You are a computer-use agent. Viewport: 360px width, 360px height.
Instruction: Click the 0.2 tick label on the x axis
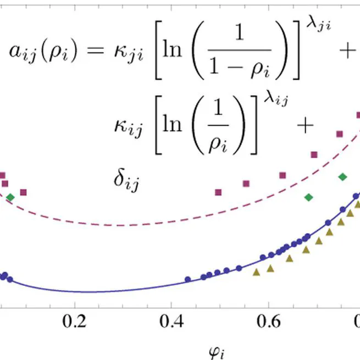point(75,322)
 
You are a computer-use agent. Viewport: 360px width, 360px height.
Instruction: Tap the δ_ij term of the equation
point(126,179)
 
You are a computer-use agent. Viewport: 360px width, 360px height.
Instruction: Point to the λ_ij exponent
point(274,100)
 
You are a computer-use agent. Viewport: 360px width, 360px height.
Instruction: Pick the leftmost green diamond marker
point(10,197)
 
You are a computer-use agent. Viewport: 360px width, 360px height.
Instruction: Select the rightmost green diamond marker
point(343,176)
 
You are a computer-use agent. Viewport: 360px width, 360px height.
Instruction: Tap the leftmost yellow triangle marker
point(256,272)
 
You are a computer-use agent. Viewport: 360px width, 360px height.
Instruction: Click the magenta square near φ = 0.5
point(218,192)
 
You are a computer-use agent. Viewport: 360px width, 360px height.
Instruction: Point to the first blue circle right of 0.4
point(187,280)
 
